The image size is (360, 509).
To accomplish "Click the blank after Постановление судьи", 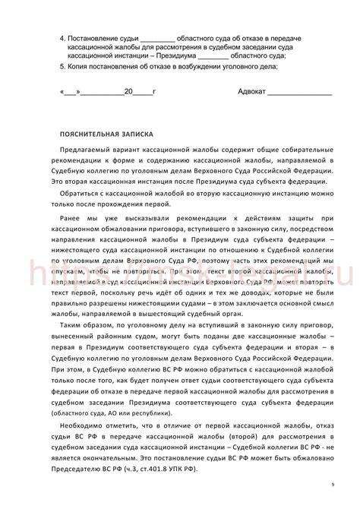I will pos(157,37).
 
